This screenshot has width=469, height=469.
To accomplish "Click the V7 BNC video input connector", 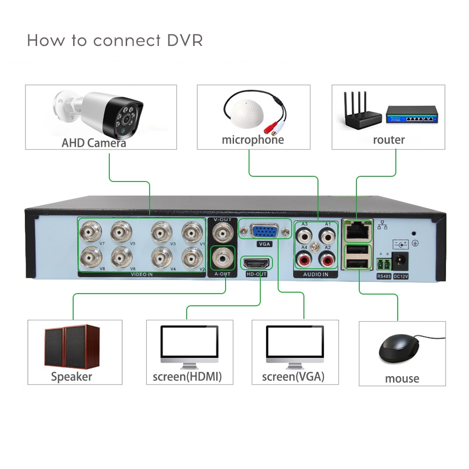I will [x=89, y=231].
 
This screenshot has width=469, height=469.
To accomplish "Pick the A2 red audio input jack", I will [x=326, y=257].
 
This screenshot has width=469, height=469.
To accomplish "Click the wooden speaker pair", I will [x=71, y=346].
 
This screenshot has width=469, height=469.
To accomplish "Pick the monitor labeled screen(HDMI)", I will [x=189, y=345].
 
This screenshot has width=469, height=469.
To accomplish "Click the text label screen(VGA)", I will [x=293, y=377].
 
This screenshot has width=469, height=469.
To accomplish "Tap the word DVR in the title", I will [x=185, y=40].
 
